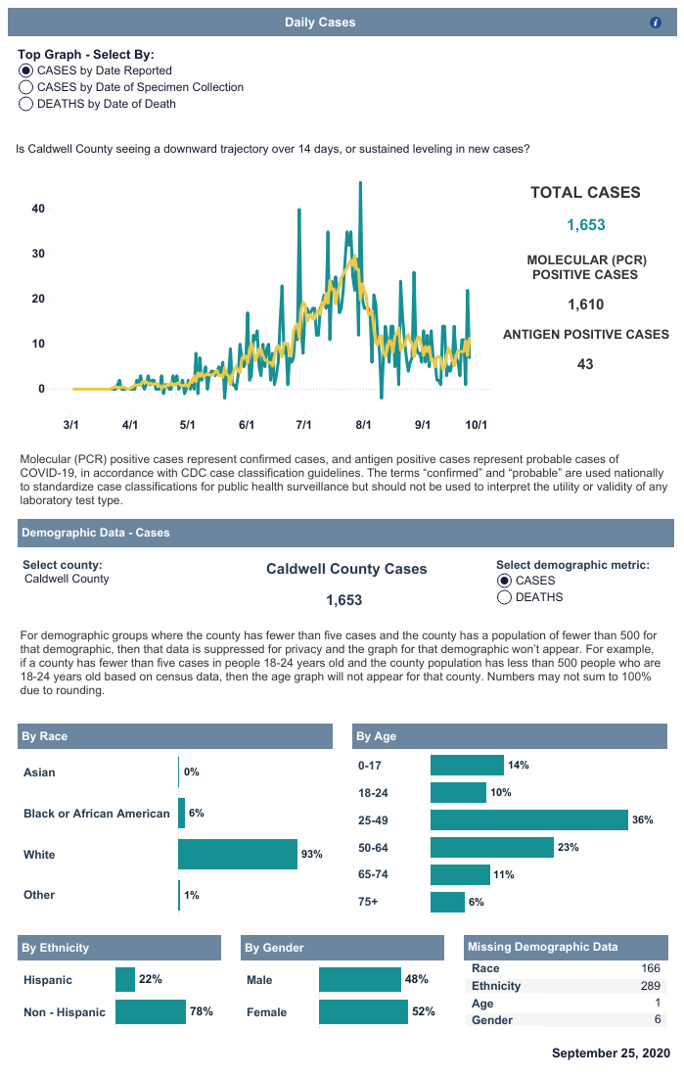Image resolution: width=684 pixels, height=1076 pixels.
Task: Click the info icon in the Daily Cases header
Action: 656,23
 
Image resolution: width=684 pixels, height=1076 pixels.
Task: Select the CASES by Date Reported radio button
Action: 26,70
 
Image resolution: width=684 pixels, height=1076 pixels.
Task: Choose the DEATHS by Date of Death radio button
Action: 26,104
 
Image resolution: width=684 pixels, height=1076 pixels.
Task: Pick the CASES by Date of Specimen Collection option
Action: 26,87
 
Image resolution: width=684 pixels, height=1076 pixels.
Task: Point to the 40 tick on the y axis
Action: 38,209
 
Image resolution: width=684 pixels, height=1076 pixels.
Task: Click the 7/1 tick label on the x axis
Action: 303,425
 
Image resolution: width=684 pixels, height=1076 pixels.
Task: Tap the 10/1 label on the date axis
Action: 477,425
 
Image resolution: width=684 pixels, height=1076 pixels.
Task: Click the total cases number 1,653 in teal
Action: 586,225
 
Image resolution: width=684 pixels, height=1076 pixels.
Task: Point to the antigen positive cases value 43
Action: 586,364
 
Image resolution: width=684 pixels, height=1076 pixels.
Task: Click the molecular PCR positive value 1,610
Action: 586,304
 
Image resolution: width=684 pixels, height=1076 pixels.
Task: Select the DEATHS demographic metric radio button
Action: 505,597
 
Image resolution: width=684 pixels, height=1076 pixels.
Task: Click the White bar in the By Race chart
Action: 237,855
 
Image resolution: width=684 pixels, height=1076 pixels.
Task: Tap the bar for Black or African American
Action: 181,814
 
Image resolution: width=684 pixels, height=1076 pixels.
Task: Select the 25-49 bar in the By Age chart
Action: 528,820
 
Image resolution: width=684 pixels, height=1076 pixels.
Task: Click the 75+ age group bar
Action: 447,902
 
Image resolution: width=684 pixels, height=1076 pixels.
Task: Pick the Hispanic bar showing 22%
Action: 125,980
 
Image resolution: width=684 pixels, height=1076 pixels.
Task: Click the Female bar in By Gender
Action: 362,1011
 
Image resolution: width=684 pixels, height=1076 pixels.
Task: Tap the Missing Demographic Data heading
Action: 542,947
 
